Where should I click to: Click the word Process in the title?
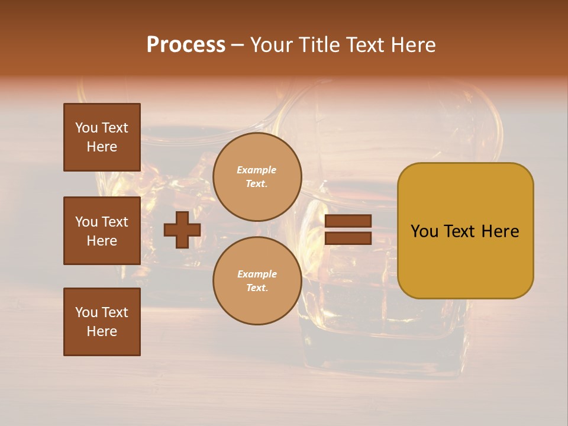[186, 45]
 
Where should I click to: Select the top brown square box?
[102, 137]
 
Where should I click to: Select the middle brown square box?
[102, 231]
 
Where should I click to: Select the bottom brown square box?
[102, 322]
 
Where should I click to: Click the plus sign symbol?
[182, 230]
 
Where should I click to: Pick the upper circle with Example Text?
[257, 177]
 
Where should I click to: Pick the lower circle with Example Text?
[257, 281]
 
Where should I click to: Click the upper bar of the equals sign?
[348, 221]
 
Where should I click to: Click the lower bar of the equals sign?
[348, 238]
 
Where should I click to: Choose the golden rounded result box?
[465, 231]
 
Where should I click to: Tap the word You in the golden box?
[424, 231]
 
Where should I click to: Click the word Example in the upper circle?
[257, 170]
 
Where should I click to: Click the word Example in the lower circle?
[257, 274]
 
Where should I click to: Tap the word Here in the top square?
[102, 147]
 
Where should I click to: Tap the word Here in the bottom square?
[102, 331]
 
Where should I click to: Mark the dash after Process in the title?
[238, 46]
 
